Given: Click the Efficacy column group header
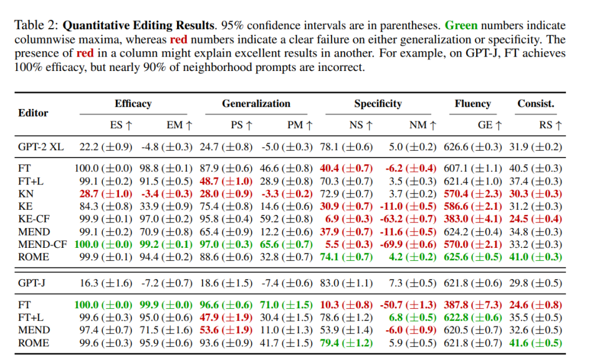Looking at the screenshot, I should click(x=133, y=104).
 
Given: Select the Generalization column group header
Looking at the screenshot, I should click(x=255, y=104).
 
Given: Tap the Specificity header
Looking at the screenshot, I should click(x=378, y=104).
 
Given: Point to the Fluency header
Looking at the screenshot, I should click(x=473, y=104).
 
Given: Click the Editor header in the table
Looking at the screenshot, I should click(x=33, y=113).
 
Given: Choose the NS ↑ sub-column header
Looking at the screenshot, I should click(x=361, y=125).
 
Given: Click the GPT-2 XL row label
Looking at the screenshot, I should click(x=40, y=148).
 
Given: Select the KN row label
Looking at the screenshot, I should click(x=26, y=194).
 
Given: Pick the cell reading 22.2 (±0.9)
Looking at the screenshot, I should click(x=105, y=148).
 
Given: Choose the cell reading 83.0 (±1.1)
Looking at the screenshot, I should click(x=346, y=283).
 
